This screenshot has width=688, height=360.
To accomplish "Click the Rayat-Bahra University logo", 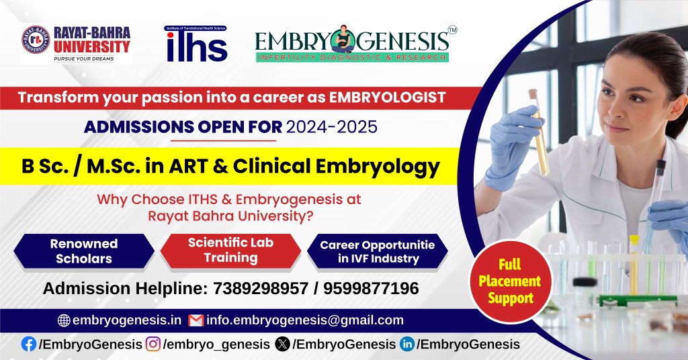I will (x=75, y=44).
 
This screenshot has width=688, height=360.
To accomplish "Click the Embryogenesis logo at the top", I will (x=352, y=44).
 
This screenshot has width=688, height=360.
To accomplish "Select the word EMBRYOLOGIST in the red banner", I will (x=386, y=97).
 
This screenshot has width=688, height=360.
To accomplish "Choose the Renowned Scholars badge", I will (x=84, y=251).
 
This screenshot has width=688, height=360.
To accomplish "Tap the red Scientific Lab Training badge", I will (x=230, y=250).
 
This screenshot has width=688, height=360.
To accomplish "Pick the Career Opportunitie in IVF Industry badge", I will (x=378, y=251).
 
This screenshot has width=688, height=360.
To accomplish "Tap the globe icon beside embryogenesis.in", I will (x=64, y=320).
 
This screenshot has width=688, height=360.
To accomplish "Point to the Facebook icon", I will (x=29, y=344).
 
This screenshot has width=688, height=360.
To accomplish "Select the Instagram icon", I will (x=153, y=344).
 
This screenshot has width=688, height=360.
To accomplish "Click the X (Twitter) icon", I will (x=284, y=344).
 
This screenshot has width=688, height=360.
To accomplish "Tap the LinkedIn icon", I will (x=407, y=344).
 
